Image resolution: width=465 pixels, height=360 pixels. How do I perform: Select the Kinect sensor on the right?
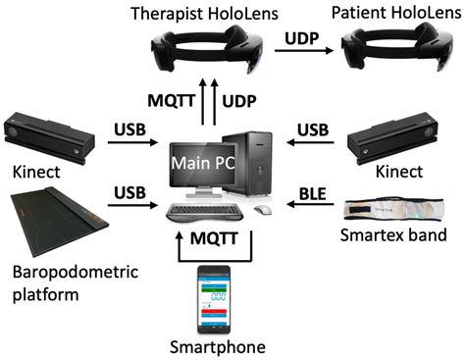click(x=410, y=135)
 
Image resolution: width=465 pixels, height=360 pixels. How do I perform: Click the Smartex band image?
click(x=398, y=210)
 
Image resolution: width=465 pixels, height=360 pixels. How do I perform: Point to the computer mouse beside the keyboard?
click(x=261, y=210)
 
